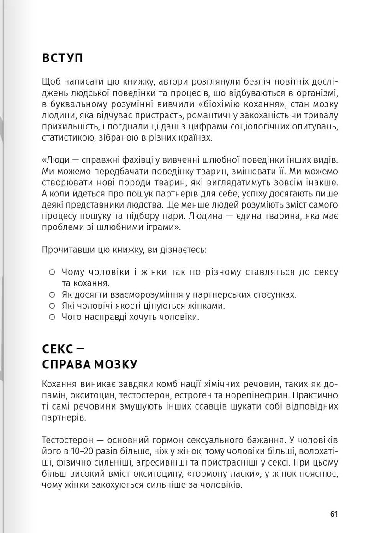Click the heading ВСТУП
(x=62, y=59)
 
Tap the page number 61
(x=334, y=514)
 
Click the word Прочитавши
(x=65, y=250)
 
